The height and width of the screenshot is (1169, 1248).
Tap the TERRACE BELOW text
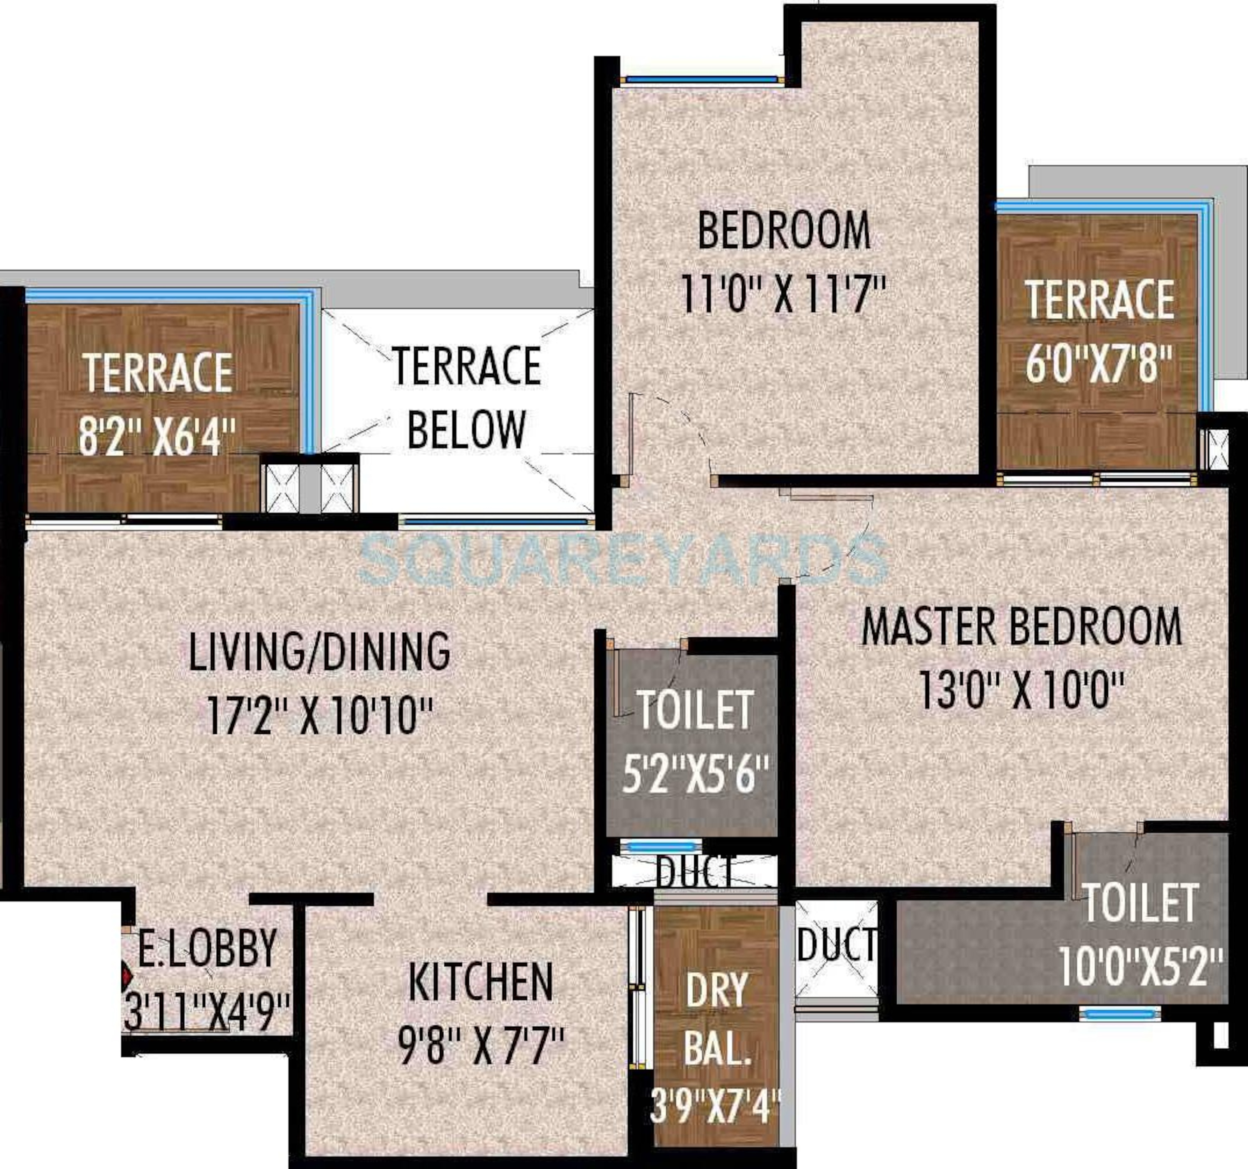point(466,397)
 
